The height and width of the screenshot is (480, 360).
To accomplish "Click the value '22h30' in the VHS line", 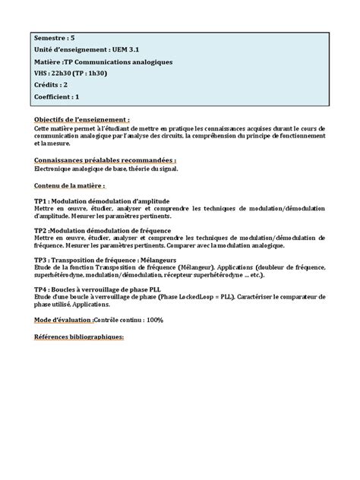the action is tap(65, 74).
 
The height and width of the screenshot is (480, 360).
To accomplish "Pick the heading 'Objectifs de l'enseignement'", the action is tap(81, 119).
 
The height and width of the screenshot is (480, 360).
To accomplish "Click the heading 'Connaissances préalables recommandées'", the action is tap(104, 160).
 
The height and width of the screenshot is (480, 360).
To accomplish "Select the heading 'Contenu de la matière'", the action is tap(69, 185).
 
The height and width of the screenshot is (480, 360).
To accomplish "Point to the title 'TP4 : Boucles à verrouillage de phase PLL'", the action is tap(97, 289).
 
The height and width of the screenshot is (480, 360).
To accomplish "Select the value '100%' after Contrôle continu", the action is tap(155, 320).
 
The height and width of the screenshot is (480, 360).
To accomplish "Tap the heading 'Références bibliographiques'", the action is tap(78, 336).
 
